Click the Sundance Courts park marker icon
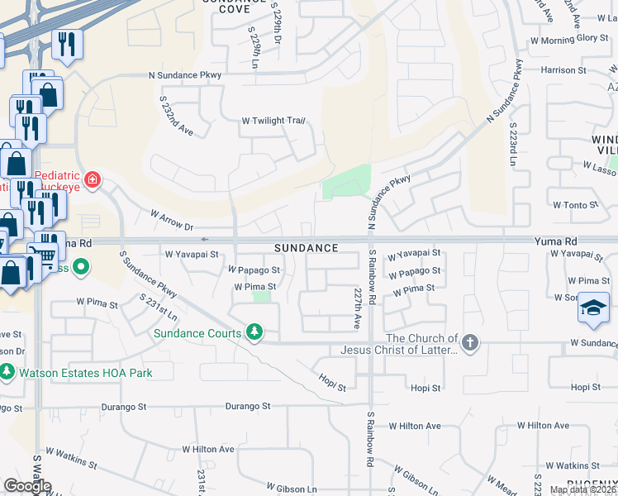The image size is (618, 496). (x=255, y=333)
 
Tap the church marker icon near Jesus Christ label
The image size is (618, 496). (x=469, y=342)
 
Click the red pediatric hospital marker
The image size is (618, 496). (x=93, y=179)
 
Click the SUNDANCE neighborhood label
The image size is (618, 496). (x=307, y=248)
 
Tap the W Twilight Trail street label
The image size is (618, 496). (x=273, y=121)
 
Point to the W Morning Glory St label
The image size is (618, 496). (x=569, y=39)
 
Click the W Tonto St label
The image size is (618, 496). (x=575, y=205)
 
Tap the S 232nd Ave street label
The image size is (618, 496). (x=176, y=115)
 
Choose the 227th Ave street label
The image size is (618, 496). (x=358, y=308)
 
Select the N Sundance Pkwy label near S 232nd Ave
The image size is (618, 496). (x=186, y=74)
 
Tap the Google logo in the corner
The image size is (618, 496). (x=26, y=486)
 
